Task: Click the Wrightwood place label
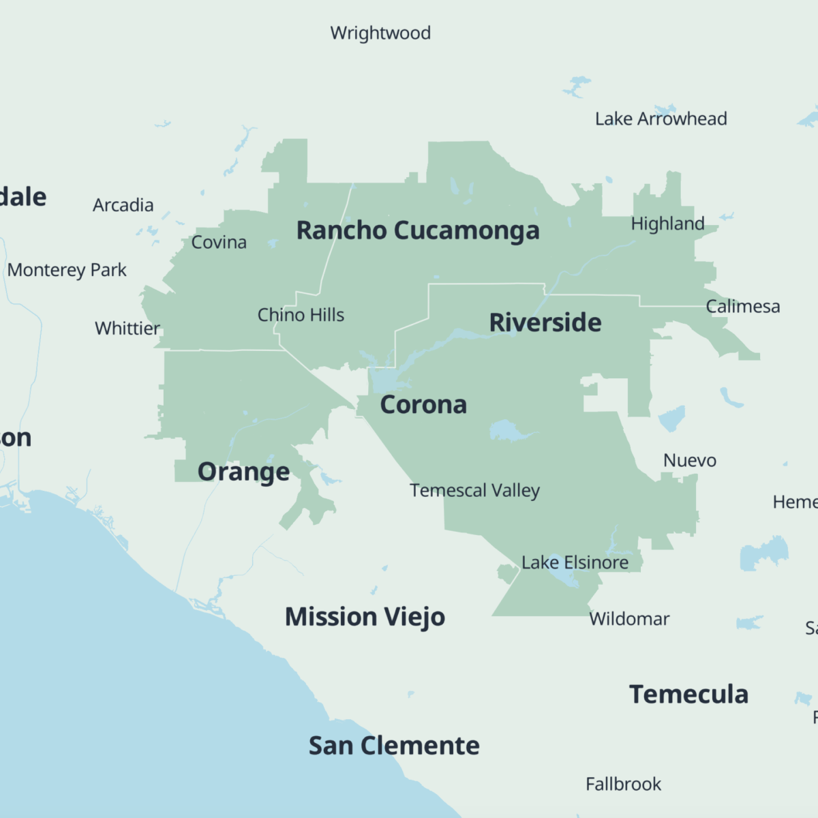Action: [x=380, y=33]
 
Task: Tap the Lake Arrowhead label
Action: [x=661, y=119]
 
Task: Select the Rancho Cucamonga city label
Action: [x=417, y=231]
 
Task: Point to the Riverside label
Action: [x=545, y=322]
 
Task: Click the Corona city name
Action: [x=423, y=405]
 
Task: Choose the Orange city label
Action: [x=243, y=472]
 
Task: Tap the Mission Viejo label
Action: [x=365, y=617]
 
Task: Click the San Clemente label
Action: [x=394, y=746]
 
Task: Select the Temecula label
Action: [x=688, y=695]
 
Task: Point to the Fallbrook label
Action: [x=623, y=784]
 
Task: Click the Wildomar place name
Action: [x=629, y=619]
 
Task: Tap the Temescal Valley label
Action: [x=474, y=491]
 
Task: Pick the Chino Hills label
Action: [x=301, y=315]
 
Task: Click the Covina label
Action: [x=219, y=242]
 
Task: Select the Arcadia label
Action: [x=123, y=205]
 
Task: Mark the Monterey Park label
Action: [x=67, y=270]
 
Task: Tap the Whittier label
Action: [x=127, y=329]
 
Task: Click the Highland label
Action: [x=667, y=224]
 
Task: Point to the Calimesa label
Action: [x=742, y=307]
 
